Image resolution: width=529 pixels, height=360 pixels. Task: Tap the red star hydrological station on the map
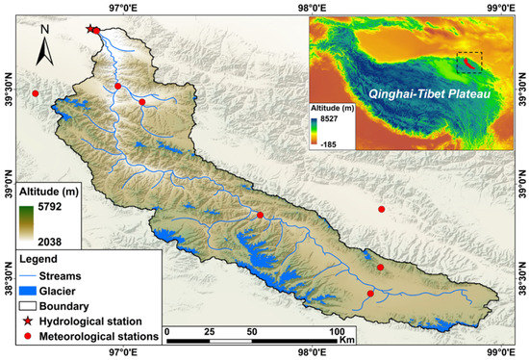tap(91, 29)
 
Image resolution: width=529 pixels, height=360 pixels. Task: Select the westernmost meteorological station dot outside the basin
tap(36, 93)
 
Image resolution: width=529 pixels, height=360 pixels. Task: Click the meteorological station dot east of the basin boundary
tap(382, 209)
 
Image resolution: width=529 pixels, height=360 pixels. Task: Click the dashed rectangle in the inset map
tap(468, 64)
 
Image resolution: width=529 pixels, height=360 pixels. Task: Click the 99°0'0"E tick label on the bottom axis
tap(500, 353)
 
